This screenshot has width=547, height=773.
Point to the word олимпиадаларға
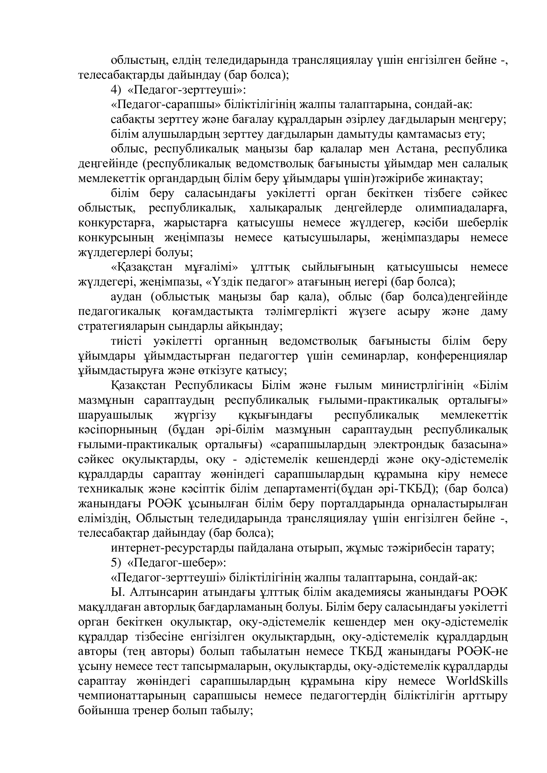(x=461, y=208)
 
